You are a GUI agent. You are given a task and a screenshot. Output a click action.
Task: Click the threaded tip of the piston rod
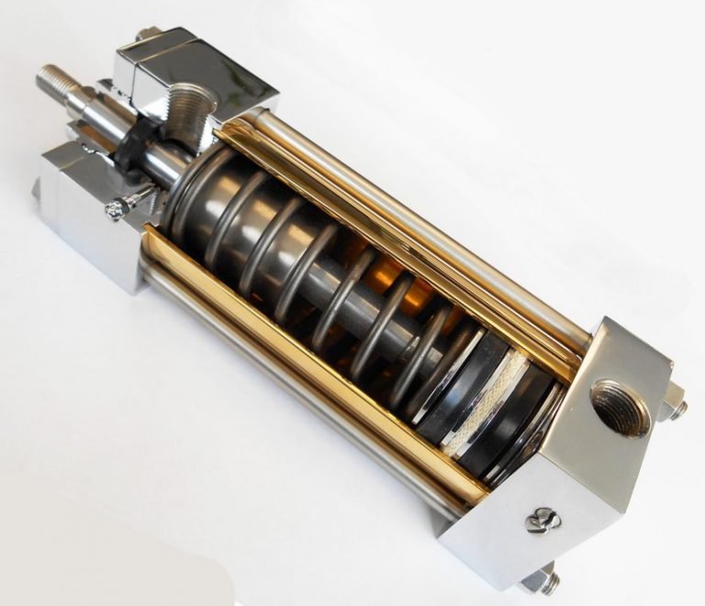(x=57, y=84)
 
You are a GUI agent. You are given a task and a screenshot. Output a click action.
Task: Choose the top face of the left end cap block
(x=156, y=55)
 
